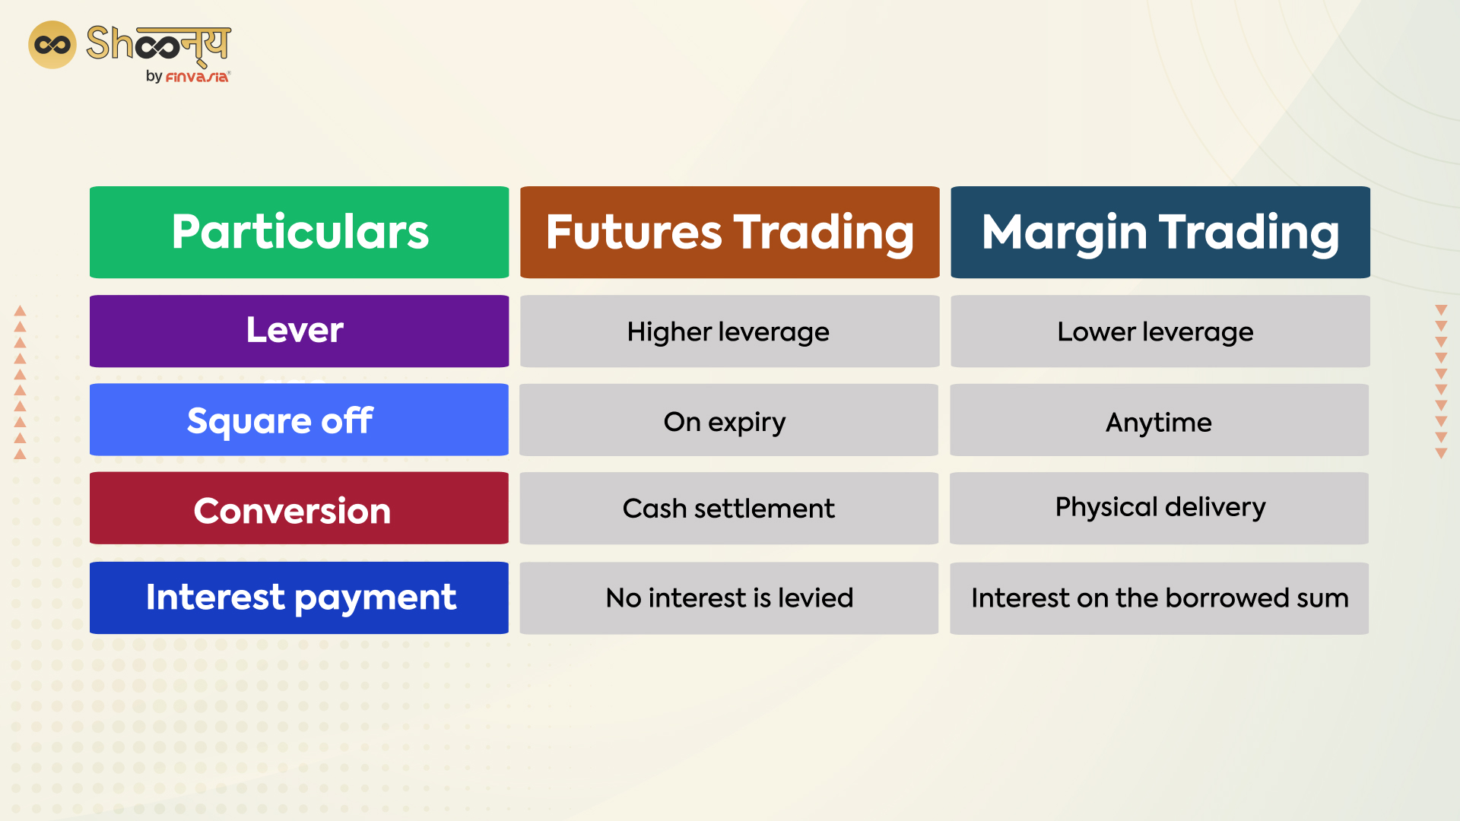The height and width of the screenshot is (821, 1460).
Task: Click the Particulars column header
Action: pos(299,232)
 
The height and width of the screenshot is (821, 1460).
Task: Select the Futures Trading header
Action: pos(729,232)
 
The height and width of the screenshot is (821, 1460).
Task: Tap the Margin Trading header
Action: pos(1160,232)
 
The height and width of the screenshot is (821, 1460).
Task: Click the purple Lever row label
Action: pos(299,331)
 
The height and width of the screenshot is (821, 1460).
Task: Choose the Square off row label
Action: pos(299,420)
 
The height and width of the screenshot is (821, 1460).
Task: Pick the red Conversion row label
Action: pos(299,509)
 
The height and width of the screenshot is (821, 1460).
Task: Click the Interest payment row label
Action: pos(299,598)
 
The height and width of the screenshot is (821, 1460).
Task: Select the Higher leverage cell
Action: pos(729,331)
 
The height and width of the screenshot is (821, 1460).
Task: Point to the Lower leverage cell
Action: pos(1160,331)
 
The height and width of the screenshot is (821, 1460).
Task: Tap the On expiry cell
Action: pos(728,420)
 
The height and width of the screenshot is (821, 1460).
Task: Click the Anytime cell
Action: pos(1159,420)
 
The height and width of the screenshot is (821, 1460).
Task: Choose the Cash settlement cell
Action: pos(728,509)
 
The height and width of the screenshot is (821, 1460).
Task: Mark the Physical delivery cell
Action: pos(1159,508)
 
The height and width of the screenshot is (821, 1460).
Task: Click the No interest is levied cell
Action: pos(728,598)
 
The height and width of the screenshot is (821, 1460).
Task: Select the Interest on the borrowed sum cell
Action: pos(1159,598)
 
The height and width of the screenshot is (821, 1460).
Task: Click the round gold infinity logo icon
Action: pos(52,45)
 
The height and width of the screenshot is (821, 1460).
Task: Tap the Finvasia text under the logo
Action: pos(197,77)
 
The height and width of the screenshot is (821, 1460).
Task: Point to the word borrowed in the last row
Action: pos(1227,598)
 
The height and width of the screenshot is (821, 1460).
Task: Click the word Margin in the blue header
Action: pos(1064,233)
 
